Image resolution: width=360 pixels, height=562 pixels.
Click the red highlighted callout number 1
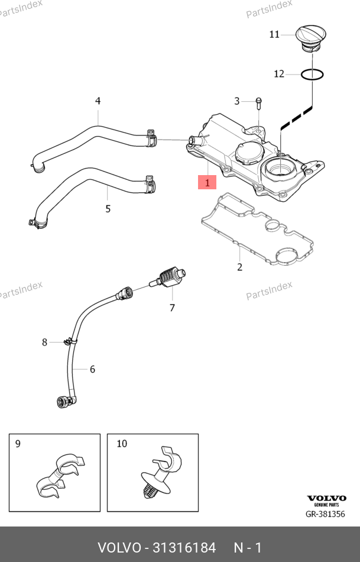(x=207, y=183)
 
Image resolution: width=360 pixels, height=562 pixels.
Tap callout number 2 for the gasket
(x=239, y=267)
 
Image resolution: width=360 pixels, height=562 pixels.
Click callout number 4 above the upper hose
(x=98, y=101)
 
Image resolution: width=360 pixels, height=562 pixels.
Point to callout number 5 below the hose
(x=108, y=208)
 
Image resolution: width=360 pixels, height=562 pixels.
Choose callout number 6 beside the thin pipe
(x=92, y=369)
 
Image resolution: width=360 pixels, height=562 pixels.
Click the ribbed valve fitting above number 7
(x=170, y=276)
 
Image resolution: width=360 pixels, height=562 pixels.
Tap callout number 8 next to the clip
(x=44, y=342)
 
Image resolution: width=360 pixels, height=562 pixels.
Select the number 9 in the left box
(x=18, y=443)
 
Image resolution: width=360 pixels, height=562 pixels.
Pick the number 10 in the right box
(x=122, y=443)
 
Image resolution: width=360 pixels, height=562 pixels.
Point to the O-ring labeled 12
(x=312, y=75)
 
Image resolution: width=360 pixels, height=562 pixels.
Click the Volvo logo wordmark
(x=325, y=499)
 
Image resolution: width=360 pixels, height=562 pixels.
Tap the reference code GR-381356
(x=325, y=514)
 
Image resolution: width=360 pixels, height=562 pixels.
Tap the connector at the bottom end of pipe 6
(x=62, y=403)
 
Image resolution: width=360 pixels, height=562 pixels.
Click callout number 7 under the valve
(x=172, y=307)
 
